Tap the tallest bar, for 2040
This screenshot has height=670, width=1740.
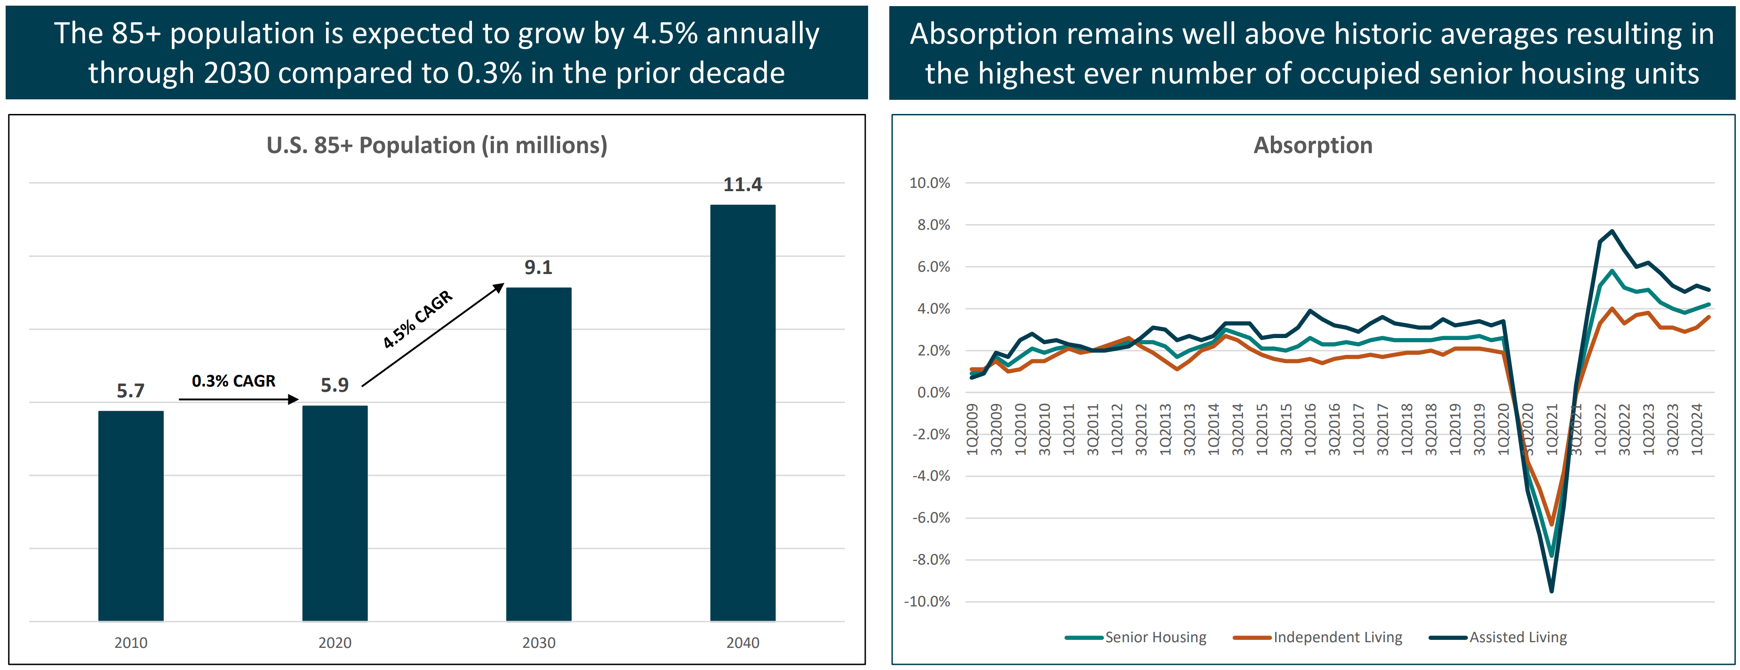point(742,412)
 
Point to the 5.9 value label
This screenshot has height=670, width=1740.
point(335,385)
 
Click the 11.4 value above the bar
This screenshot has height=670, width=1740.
point(742,185)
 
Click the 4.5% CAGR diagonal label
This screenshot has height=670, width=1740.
point(417,319)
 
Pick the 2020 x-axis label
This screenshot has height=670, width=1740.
point(335,642)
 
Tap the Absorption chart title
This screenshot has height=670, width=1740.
point(1312,145)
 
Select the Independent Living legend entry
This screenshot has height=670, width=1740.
point(1337,637)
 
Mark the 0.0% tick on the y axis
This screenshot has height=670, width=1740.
point(933,392)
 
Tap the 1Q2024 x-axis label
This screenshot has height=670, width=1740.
point(1697,429)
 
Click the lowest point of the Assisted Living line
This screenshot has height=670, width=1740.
point(1551,591)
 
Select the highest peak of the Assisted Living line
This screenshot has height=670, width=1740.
point(1612,231)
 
